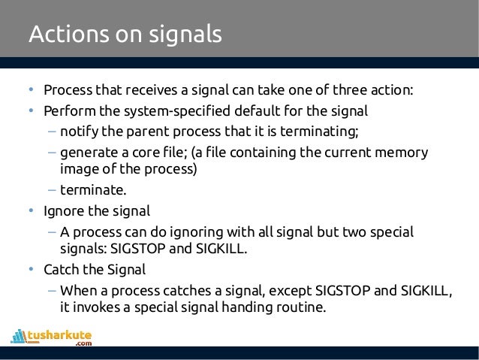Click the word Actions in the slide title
click(x=60, y=35)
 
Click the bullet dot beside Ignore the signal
click(x=32, y=210)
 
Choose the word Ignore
click(x=63, y=210)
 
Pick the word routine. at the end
click(x=301, y=307)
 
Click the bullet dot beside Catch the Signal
click(x=32, y=268)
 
